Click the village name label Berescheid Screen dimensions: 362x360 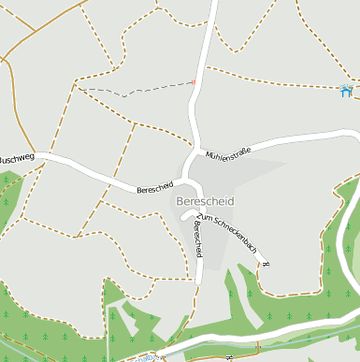tap(205, 201)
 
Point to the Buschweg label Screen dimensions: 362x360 tap(16, 159)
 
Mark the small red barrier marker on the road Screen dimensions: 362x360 tap(194, 82)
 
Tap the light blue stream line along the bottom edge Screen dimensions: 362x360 tap(281, 333)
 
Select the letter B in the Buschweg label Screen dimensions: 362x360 tap(2, 160)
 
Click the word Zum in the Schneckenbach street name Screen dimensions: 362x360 tap(202, 218)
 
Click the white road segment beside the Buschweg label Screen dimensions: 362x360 tap(56, 160)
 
